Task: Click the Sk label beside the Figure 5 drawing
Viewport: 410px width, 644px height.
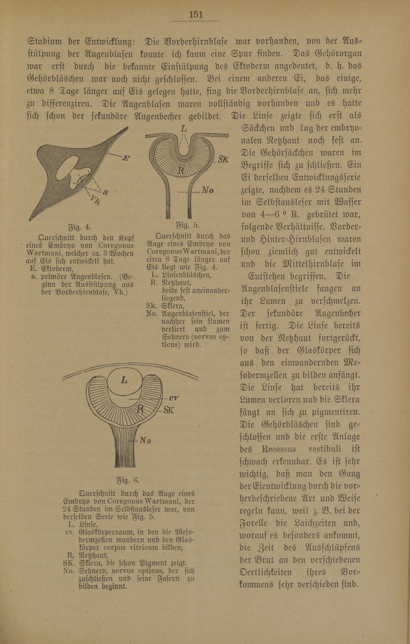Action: (223, 160)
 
